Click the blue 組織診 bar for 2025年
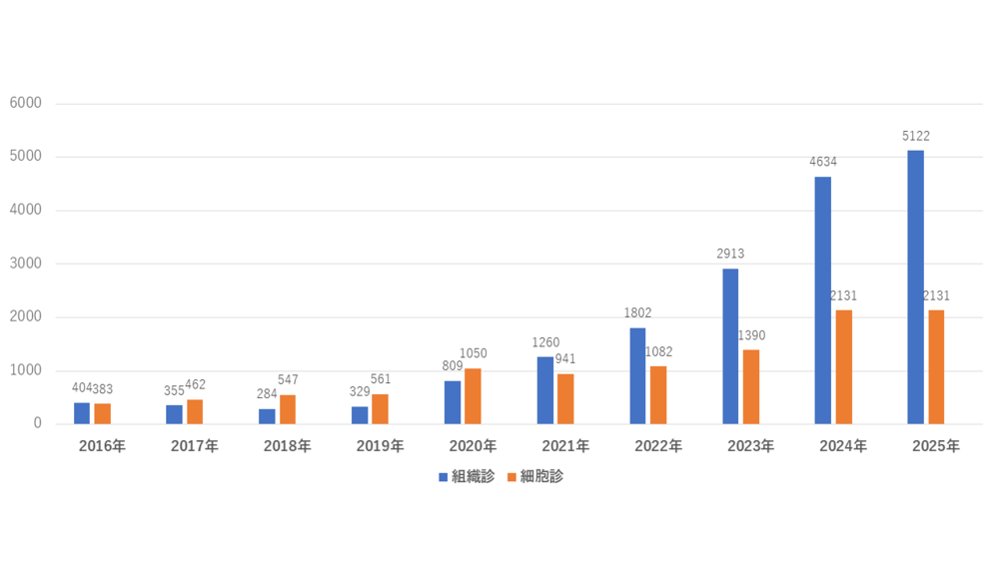[x=915, y=287]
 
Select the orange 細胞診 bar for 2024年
[x=843, y=366]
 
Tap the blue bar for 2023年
[x=730, y=346]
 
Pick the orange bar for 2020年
[x=473, y=396]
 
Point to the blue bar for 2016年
[x=82, y=413]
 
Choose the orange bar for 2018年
[x=288, y=409]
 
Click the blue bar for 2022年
[x=637, y=375]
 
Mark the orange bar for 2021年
[x=565, y=398]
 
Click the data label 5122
[x=915, y=137]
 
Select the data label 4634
[x=822, y=163]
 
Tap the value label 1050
[x=473, y=353]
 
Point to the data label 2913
[x=730, y=255]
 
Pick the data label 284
[x=267, y=394]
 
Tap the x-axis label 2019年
[x=380, y=446]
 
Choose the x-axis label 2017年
[x=194, y=446]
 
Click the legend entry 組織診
[x=467, y=477]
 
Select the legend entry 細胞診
[x=535, y=477]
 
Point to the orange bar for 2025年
[x=936, y=366]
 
